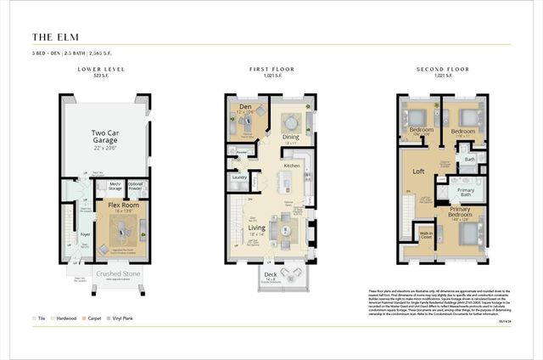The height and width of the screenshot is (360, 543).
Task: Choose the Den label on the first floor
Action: click(x=245, y=106)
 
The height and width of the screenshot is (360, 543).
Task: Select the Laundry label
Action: click(x=239, y=177)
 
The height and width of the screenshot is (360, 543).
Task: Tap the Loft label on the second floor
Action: click(x=418, y=171)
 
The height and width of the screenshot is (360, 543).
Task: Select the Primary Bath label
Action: click(x=466, y=191)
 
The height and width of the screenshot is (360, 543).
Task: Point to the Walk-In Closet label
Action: click(x=426, y=234)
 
